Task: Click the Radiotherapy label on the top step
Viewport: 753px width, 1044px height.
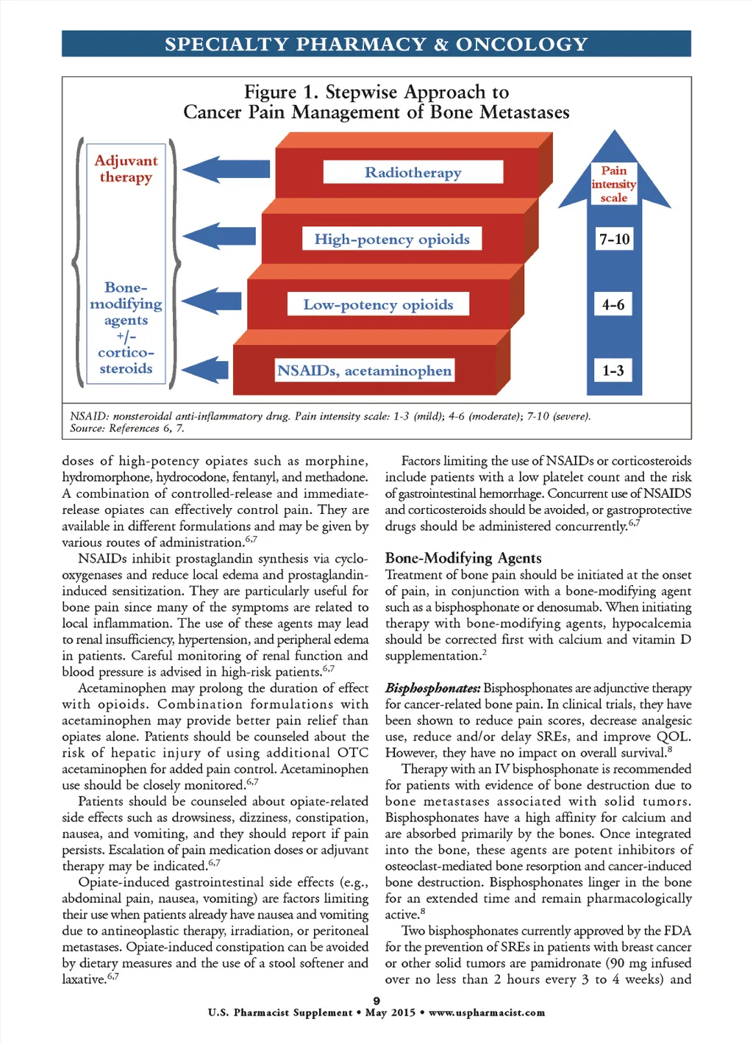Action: pos(413,172)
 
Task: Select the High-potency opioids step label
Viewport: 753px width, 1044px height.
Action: pos(392,239)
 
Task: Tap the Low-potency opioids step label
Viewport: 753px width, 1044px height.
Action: pos(378,304)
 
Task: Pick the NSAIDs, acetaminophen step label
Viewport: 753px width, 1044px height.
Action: pos(364,371)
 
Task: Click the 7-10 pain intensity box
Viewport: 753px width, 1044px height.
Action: pos(614,239)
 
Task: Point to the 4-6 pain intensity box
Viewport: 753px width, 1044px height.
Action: pos(613,304)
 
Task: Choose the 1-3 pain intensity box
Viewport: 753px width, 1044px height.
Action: pos(613,371)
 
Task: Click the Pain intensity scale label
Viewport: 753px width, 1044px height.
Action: pos(614,184)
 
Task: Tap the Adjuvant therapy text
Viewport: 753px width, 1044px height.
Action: pos(126,168)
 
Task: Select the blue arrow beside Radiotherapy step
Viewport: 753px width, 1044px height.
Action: pos(218,170)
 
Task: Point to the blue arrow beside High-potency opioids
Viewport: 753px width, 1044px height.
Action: pos(218,236)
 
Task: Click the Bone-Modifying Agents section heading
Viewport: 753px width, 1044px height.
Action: pos(463,558)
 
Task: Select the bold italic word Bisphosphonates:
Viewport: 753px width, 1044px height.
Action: pos(432,688)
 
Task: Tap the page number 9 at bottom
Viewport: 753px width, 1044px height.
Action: pos(376,1001)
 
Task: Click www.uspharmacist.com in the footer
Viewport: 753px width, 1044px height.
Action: pos(487,1012)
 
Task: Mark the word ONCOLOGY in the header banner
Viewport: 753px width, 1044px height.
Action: pos(521,44)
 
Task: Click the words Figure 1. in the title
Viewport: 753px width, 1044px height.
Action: pos(282,92)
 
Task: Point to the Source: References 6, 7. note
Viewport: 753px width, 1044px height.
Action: pos(126,428)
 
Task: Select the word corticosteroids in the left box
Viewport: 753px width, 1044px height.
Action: pos(126,360)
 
